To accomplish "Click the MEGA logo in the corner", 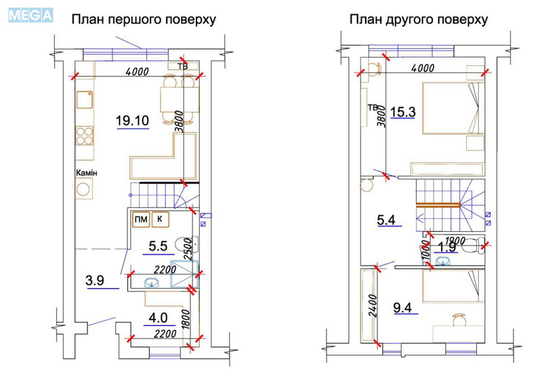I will click(x=30, y=14).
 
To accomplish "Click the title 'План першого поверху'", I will click(x=144, y=20).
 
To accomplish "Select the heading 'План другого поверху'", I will click(x=418, y=20).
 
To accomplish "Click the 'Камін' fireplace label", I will click(x=87, y=174).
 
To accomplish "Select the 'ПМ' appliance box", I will click(x=140, y=219).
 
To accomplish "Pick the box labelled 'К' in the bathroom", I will click(x=161, y=219).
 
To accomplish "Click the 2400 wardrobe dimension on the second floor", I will click(x=371, y=305).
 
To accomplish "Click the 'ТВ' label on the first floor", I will click(x=182, y=66).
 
